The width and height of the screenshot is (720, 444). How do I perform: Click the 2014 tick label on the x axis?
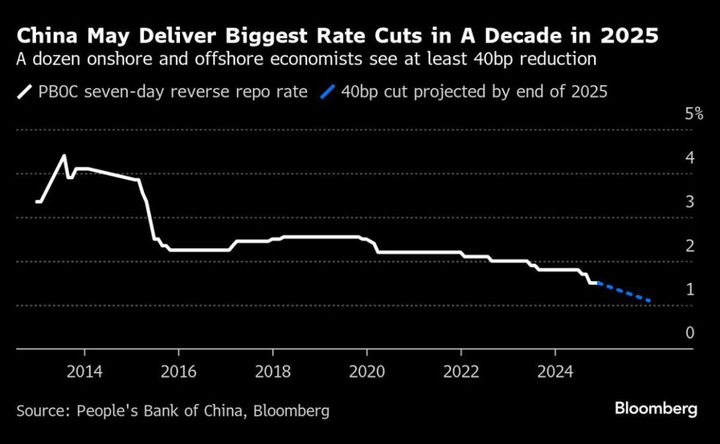pos(84,370)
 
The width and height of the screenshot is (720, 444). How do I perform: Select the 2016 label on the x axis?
pos(179,370)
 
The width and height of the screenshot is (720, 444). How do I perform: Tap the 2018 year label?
pos(273,370)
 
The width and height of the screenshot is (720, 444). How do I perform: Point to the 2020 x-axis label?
pos(366,370)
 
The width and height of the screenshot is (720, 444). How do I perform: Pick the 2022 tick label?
pos(461,370)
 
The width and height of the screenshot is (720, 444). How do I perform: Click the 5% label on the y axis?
pos(693,114)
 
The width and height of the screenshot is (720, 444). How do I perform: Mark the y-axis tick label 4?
pos(690,157)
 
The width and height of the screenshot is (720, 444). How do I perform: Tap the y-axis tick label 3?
pos(690,202)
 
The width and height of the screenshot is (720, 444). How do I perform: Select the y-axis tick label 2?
pos(690,245)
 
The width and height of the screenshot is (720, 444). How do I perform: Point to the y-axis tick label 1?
pos(690,289)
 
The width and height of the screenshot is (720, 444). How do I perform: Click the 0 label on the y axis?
pos(690,332)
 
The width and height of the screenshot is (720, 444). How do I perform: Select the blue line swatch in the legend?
pos(328,92)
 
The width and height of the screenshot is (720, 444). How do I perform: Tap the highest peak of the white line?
pos(65,156)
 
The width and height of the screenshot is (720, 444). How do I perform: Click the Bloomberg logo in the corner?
pos(655,409)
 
